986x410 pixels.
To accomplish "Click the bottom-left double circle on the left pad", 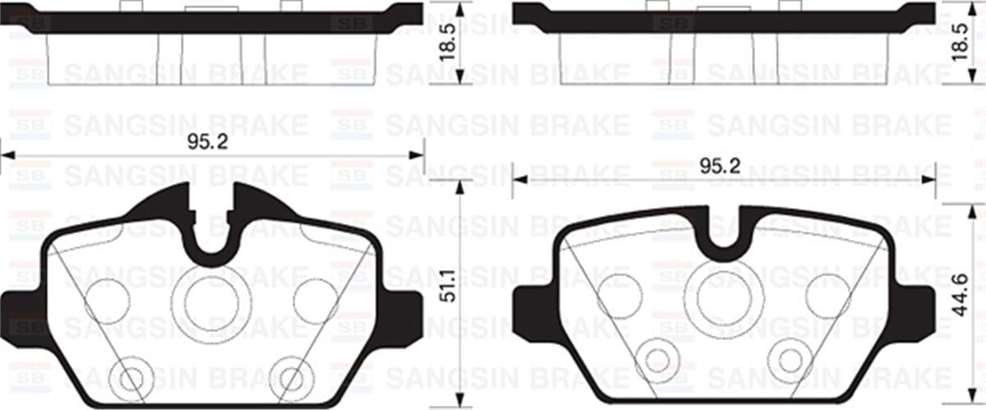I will [x=131, y=377].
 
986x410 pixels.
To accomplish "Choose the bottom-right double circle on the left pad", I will [x=293, y=377].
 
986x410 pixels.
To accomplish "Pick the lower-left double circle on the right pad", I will [x=657, y=359].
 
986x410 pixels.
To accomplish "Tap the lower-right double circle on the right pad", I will [x=790, y=359].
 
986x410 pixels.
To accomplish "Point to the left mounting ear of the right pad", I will [x=530, y=312].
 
